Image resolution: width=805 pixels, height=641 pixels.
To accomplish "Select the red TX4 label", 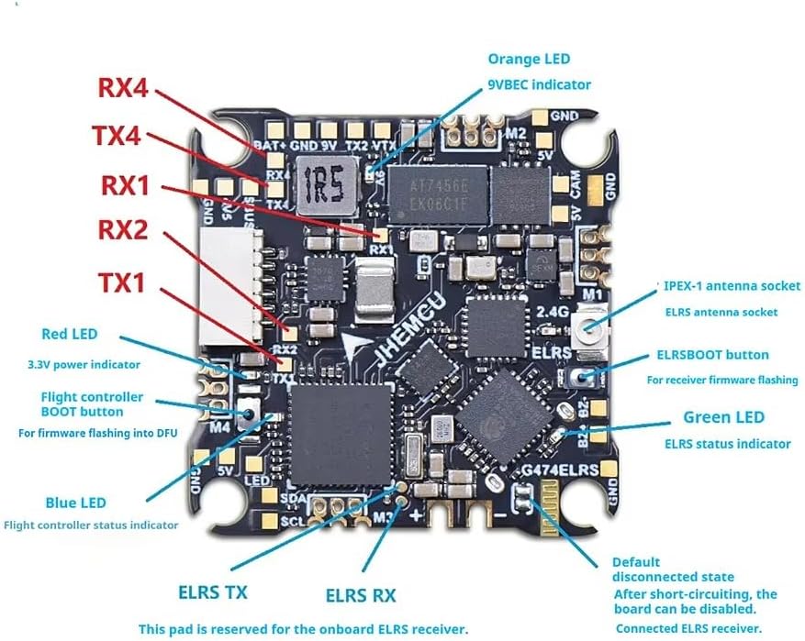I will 116,137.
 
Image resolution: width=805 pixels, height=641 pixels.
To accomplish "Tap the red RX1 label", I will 124,184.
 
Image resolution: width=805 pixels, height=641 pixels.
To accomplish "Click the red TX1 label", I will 121,282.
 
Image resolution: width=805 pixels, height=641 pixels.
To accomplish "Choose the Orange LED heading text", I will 528,59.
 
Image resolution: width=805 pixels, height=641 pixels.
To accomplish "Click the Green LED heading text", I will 723,417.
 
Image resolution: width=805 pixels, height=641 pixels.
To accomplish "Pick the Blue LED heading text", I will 75,503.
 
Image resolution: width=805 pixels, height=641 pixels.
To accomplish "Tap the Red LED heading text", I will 70,334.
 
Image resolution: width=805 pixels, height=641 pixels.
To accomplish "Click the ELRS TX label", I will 212,591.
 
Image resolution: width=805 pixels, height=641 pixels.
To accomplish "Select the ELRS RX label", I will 361,596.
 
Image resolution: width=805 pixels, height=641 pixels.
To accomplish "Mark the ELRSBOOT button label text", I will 712,355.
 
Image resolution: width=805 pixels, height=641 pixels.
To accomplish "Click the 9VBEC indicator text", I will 539,84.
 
